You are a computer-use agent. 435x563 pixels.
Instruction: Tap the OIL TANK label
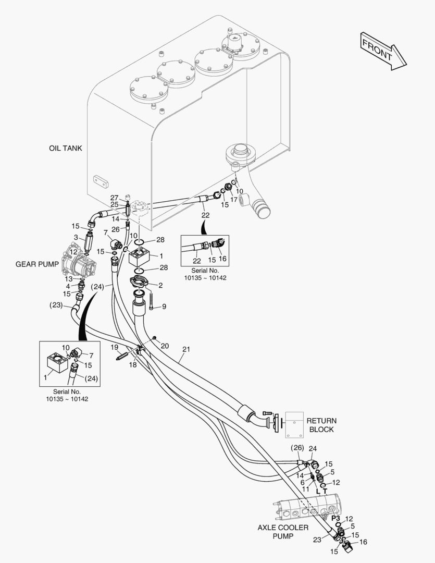click(65, 149)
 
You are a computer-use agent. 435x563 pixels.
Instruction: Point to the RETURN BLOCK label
click(321, 425)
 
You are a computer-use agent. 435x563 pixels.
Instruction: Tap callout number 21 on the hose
click(187, 349)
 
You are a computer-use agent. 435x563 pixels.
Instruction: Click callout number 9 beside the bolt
click(164, 307)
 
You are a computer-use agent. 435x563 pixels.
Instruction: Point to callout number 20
click(165, 346)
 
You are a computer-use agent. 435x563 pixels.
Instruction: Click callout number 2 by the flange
click(160, 285)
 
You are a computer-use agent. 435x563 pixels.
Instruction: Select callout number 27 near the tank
click(114, 197)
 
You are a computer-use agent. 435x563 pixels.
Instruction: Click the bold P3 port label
click(335, 518)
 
